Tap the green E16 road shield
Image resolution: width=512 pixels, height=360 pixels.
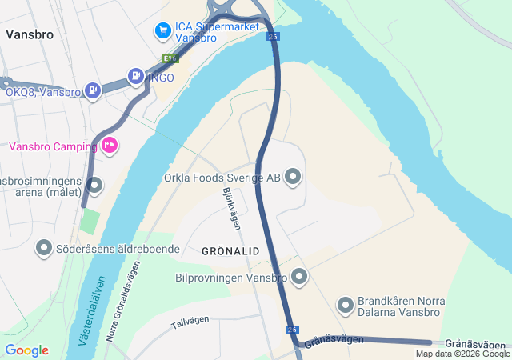pos(169,58)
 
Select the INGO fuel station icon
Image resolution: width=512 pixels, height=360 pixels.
pos(136,77)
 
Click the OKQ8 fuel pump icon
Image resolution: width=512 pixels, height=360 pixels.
pos(94,90)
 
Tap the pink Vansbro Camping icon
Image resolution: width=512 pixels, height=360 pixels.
pos(110,145)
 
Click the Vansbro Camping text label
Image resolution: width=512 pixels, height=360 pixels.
pos(52,146)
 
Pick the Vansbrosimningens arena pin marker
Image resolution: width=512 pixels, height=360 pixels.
pos(94,186)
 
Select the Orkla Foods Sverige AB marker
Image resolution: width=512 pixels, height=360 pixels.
pos(292,176)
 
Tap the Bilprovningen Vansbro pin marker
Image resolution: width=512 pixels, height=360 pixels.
pos(299,277)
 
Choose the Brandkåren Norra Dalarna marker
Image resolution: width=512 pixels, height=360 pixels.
pos(346,305)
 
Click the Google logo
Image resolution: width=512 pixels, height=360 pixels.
pos(26,350)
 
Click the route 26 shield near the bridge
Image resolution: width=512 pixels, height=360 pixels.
pos(274,37)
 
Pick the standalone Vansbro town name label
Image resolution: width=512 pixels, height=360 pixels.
pos(29,34)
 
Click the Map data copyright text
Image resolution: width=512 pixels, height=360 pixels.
pos(462,354)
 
